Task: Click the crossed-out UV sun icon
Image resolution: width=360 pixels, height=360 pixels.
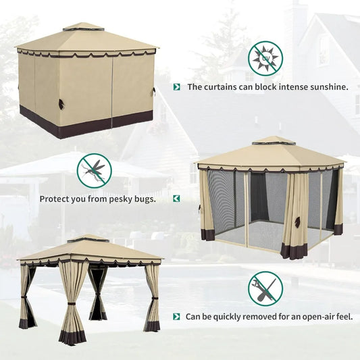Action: pos(265,58)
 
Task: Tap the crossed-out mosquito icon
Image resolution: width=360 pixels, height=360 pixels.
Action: pos(94,171)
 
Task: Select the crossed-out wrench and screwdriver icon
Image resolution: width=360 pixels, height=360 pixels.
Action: pos(265,288)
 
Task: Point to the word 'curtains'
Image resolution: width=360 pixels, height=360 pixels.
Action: pos(220,86)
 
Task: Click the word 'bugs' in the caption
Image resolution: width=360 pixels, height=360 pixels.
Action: pos(145,199)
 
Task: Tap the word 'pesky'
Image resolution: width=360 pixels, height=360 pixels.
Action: pos(120,199)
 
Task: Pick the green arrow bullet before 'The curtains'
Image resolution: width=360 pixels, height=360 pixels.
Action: pos(176,87)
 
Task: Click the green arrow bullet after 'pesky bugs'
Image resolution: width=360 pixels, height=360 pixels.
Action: pos(176,199)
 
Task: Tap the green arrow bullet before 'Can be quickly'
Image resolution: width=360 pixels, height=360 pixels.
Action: pos(176,317)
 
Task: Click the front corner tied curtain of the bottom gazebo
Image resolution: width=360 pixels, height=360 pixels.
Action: pos(73,303)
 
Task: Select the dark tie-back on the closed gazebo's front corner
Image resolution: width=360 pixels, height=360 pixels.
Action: pos(61,104)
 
